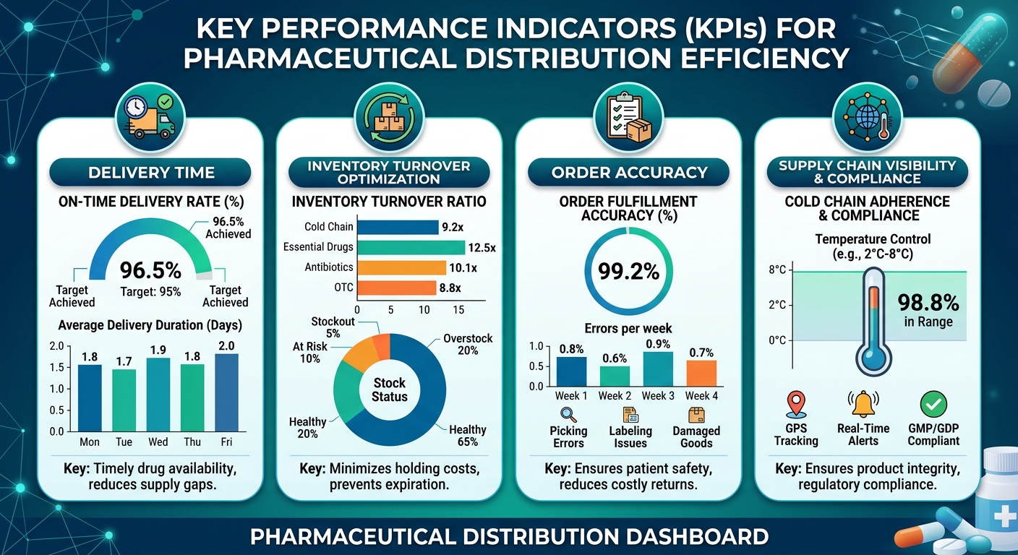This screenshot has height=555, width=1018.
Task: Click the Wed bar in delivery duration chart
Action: pyautogui.click(x=158, y=395)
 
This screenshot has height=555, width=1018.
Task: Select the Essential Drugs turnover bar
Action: pyautogui.click(x=411, y=248)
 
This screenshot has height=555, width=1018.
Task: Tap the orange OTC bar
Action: pyautogui.click(x=397, y=288)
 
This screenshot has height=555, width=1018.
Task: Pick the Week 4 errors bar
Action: pyautogui.click(x=701, y=374)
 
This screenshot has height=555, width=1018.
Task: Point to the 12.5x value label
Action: pyautogui.click(x=482, y=248)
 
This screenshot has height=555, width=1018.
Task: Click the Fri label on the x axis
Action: pyautogui.click(x=226, y=442)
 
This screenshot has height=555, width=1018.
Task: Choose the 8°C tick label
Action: pyautogui.click(x=777, y=270)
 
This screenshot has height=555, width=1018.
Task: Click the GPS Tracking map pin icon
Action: pyautogui.click(x=796, y=404)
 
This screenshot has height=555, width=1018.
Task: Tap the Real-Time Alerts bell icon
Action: pyautogui.click(x=863, y=404)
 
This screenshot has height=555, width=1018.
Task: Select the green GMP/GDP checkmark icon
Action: pyautogui.click(x=933, y=404)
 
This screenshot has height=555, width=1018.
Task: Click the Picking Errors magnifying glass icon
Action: pyautogui.click(x=568, y=415)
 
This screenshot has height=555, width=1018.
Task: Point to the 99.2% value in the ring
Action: pyautogui.click(x=628, y=272)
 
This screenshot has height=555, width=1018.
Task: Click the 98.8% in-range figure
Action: pyautogui.click(x=928, y=303)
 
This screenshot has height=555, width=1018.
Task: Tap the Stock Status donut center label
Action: pyautogui.click(x=390, y=390)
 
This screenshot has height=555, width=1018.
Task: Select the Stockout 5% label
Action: pyautogui.click(x=333, y=327)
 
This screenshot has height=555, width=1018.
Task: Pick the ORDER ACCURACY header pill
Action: pyautogui.click(x=628, y=172)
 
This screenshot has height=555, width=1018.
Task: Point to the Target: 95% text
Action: pyautogui.click(x=150, y=291)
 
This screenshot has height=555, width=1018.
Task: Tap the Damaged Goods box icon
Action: pyautogui.click(x=696, y=415)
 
